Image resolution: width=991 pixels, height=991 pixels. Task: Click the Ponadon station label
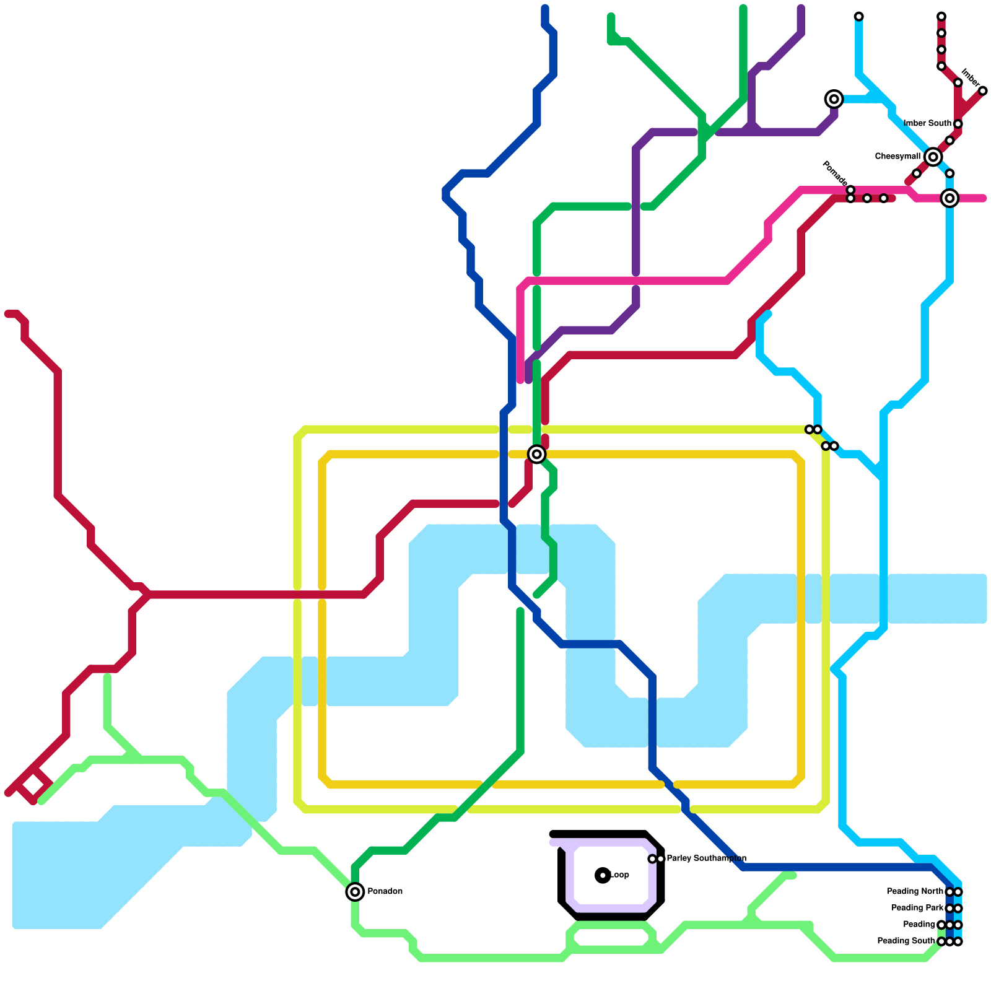tap(385, 891)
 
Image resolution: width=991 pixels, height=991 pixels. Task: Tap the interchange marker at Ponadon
tap(355, 892)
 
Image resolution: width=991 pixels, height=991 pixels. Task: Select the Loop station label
tap(619, 875)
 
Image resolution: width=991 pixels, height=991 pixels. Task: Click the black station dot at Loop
tap(603, 875)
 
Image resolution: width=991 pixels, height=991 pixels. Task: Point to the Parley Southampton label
tap(706, 858)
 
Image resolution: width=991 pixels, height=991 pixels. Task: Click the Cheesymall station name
tap(897, 157)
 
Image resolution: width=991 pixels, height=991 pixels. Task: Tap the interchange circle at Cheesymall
tap(933, 157)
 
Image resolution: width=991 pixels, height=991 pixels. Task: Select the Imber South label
tap(927, 123)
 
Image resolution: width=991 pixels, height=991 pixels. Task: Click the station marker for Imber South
tap(958, 124)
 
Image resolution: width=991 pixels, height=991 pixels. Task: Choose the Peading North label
tap(915, 891)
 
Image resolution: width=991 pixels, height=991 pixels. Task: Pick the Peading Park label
tap(917, 908)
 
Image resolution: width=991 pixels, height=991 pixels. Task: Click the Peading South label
tap(906, 941)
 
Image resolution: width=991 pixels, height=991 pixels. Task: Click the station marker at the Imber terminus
tap(982, 91)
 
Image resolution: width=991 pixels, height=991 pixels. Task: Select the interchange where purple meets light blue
tap(834, 99)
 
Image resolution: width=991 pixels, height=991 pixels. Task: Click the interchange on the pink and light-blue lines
tap(950, 198)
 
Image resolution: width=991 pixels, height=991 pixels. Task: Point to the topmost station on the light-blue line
tap(858, 16)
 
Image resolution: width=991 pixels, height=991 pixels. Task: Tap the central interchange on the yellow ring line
tap(537, 454)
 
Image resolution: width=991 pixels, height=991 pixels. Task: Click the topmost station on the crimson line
tap(941, 16)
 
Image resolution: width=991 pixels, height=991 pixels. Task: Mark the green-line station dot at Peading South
tap(941, 941)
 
